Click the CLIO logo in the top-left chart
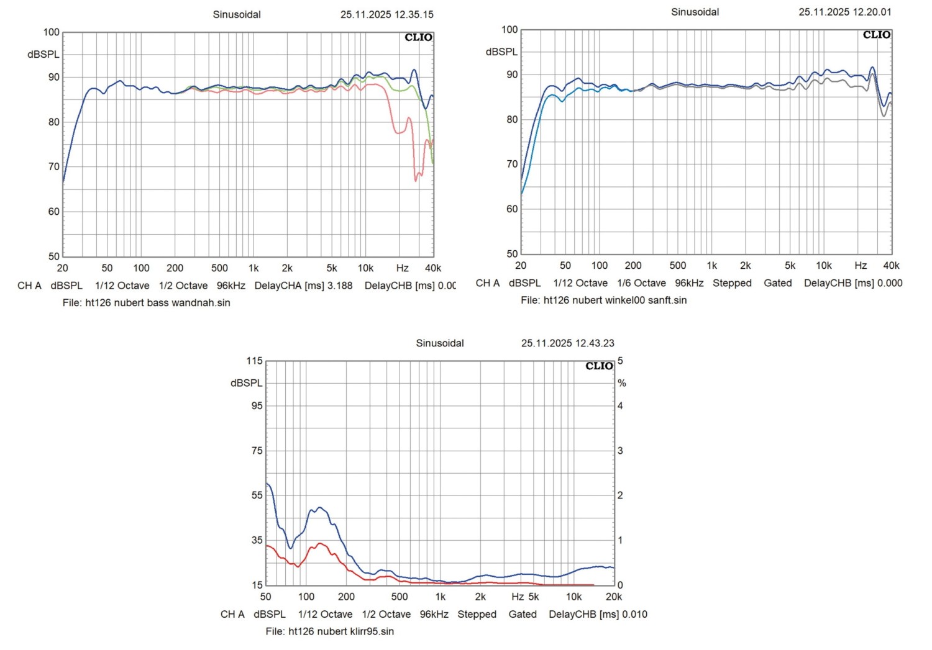[418, 37]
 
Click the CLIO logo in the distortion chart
[599, 366]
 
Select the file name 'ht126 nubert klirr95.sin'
[340, 631]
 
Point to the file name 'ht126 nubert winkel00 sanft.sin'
[614, 300]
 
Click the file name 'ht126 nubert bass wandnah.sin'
[157, 302]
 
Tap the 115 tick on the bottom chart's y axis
[255, 361]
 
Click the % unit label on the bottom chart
[622, 383]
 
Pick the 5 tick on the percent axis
[620, 361]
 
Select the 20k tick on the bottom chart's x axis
[614, 597]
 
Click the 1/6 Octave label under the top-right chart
[641, 283]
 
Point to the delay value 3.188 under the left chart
[339, 286]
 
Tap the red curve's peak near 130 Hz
[320, 544]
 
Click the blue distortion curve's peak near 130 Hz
[319, 508]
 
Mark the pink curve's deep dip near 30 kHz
[416, 180]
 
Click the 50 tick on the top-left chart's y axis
[54, 256]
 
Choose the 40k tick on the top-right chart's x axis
[891, 266]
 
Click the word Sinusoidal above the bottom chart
[440, 343]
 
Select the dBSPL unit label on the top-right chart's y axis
[501, 52]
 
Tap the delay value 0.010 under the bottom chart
[634, 614]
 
